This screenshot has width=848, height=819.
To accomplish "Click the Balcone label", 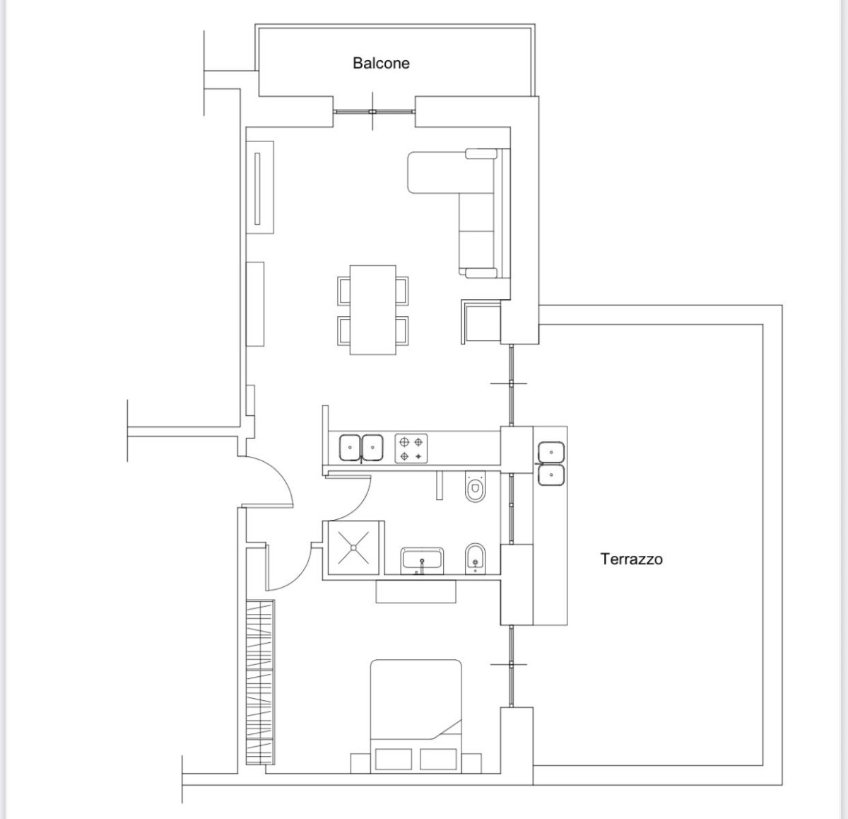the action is [x=381, y=63].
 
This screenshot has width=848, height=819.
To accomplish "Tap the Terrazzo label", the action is [x=632, y=559].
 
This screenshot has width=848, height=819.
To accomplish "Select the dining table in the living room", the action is [x=373, y=310].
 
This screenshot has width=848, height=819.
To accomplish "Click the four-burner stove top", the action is [x=411, y=448].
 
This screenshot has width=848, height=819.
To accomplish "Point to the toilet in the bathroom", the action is [x=475, y=487].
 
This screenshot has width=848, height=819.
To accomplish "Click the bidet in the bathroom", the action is [x=475, y=558].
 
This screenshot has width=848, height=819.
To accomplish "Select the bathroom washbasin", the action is [x=422, y=561].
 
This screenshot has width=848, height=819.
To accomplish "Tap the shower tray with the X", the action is [x=353, y=547].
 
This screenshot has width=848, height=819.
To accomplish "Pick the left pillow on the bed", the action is [x=393, y=760].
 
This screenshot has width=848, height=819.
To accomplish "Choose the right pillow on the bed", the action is [x=438, y=760].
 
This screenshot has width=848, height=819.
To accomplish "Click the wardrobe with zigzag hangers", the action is [x=260, y=682].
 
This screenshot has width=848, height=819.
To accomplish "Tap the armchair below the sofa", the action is [x=481, y=322].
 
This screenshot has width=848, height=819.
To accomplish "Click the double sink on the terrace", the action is [x=551, y=463].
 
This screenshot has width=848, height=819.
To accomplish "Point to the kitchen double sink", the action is [x=361, y=448].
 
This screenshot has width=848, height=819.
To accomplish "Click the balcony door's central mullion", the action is [x=372, y=112].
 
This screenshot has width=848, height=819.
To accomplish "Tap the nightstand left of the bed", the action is [x=360, y=763].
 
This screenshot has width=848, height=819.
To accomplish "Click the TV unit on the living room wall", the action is [x=260, y=187].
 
